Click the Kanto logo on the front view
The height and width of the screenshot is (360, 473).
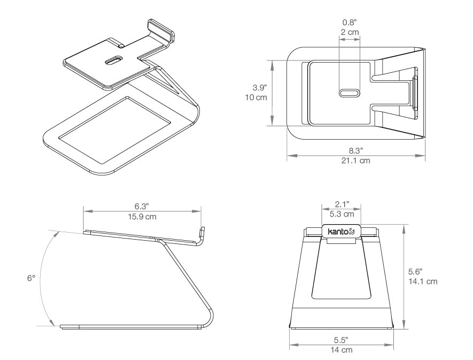(342, 232)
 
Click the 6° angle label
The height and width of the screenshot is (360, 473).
(31, 278)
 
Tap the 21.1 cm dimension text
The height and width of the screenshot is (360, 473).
(355, 160)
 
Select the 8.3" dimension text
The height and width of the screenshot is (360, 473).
(356, 150)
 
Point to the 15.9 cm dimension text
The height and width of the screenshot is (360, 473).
(142, 217)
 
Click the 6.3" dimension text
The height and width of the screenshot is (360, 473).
(142, 206)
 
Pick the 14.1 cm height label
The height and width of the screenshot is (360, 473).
(423, 281)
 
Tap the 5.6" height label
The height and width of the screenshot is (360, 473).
(415, 271)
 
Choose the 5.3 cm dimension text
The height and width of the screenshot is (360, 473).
(342, 214)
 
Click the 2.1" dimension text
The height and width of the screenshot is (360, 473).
(342, 204)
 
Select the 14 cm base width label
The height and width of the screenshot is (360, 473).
(341, 350)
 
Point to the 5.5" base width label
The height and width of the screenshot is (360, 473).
(341, 340)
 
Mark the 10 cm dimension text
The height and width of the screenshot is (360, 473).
(256, 97)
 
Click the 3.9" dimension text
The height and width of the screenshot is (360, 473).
(260, 88)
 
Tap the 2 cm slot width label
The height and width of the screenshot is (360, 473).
(350, 32)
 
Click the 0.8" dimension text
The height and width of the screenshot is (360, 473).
(350, 22)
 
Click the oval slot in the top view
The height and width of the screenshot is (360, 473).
(350, 93)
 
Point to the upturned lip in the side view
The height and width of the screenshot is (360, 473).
(201, 233)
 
